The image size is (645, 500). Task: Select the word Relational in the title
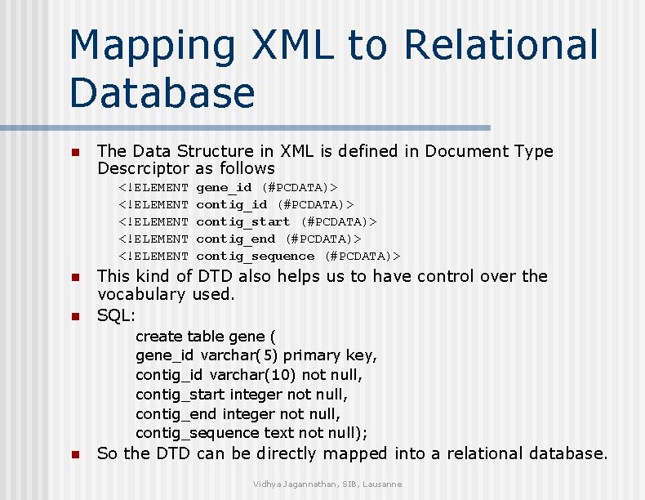coord(500,46)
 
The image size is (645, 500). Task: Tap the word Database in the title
coord(162,92)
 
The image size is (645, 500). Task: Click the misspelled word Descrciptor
coord(144,169)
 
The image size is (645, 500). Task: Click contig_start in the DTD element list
coord(242,221)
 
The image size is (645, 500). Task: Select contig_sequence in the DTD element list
coord(255,256)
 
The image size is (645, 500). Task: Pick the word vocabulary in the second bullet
coord(142,294)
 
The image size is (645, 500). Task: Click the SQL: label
coord(116,315)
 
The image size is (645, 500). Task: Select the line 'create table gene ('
coord(206,337)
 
